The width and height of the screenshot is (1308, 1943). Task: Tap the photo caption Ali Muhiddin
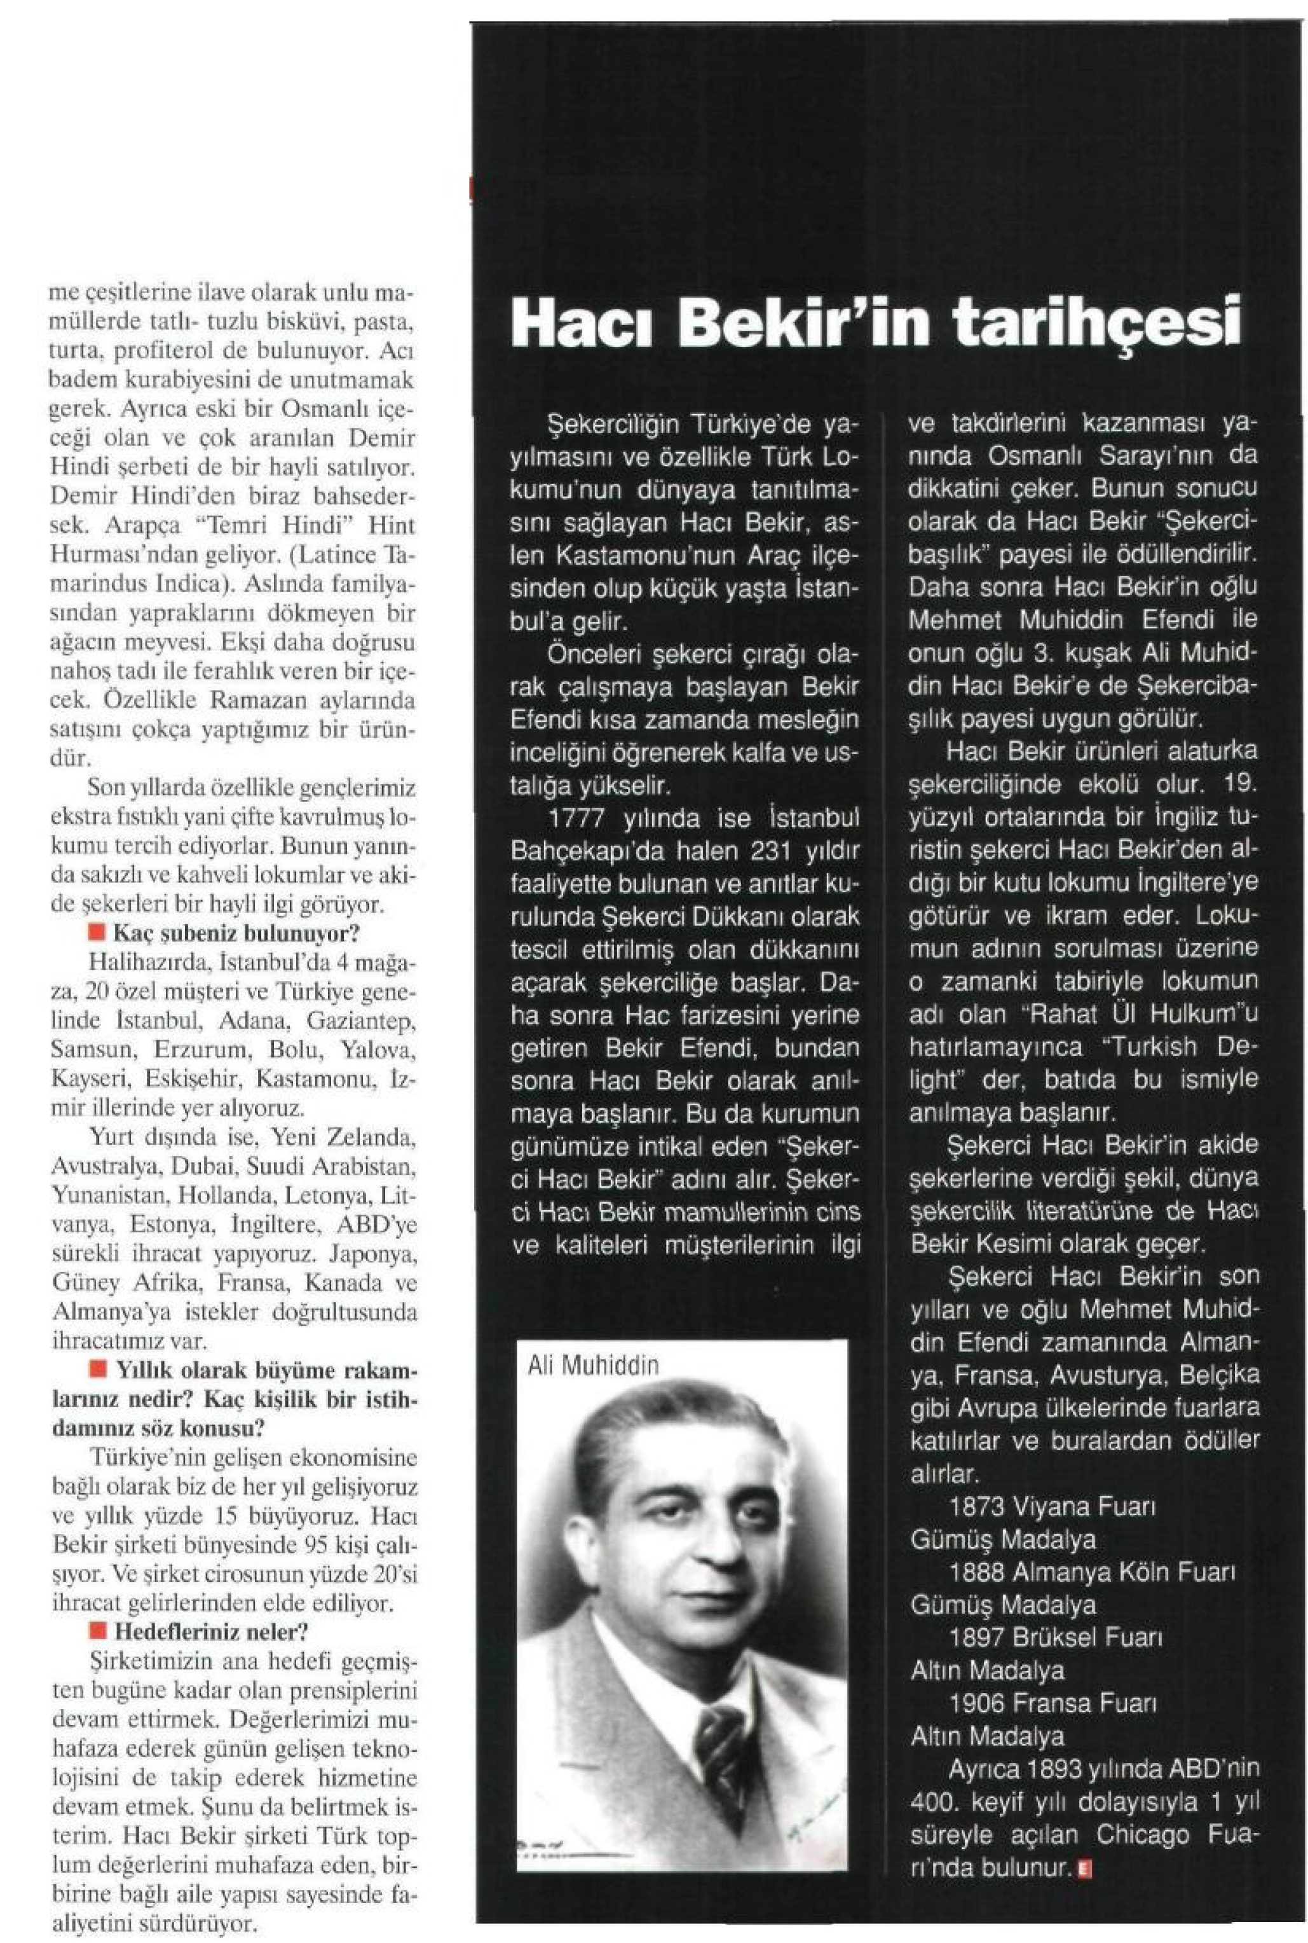tap(593, 1366)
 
